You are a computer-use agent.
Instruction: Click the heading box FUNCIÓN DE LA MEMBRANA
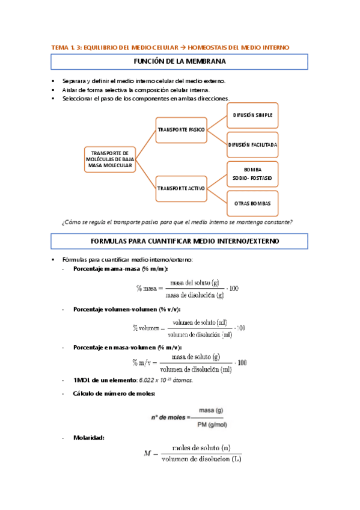coord(179,62)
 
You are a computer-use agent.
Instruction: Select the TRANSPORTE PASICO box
coord(180,130)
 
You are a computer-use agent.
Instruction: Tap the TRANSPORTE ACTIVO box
coord(180,188)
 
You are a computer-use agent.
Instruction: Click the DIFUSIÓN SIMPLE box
coord(252,114)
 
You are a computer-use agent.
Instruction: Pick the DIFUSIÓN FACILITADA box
coord(252,145)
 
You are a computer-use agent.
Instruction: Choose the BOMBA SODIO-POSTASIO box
coord(252,174)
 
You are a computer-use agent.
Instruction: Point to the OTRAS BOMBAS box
coord(252,204)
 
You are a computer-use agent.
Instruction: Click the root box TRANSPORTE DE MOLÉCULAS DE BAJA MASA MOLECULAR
coord(109,159)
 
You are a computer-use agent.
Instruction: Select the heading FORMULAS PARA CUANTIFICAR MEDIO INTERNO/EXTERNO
coord(179,241)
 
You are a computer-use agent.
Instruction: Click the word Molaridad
coord(88,437)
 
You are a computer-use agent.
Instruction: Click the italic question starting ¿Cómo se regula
coord(177,223)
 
